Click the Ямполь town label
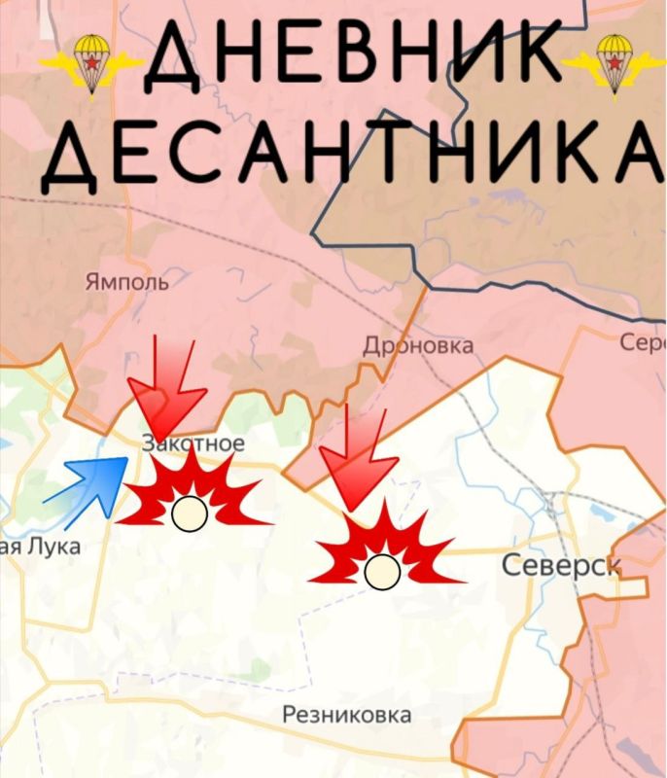coord(126,282)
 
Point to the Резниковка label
coord(346,715)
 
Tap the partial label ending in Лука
coord(39,547)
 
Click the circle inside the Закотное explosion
coord(189,513)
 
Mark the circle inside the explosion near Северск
coord(382,571)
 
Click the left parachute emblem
coord(91,63)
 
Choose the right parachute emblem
coord(614,63)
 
